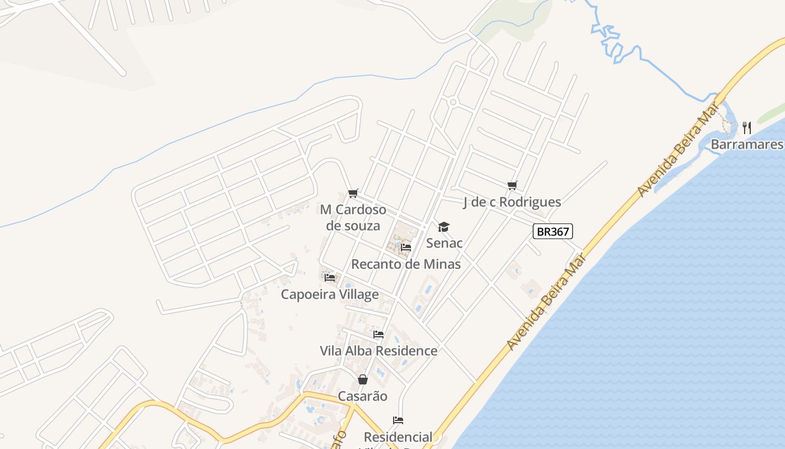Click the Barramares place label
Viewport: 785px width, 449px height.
pyautogui.click(x=746, y=145)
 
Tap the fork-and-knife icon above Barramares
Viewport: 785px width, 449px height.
pyautogui.click(x=747, y=128)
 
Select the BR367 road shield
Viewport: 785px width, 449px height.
pyautogui.click(x=553, y=231)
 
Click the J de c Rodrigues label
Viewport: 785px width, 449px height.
pyautogui.click(x=512, y=202)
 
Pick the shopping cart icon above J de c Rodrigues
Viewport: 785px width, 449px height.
pyautogui.click(x=512, y=185)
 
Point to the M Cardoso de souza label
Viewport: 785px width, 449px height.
pyautogui.click(x=353, y=218)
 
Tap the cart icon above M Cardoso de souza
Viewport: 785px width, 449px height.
pyautogui.click(x=353, y=194)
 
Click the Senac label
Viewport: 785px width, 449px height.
pyautogui.click(x=444, y=243)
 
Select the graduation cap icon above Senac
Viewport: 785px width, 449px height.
pyautogui.click(x=444, y=227)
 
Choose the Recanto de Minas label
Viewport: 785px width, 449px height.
pyautogui.click(x=406, y=264)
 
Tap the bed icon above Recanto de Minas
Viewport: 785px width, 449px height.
pyautogui.click(x=406, y=247)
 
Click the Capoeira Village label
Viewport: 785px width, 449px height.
pyautogui.click(x=330, y=294)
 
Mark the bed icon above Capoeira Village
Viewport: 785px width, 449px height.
pyautogui.click(x=330, y=277)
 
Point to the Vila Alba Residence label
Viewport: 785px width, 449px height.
pyautogui.click(x=378, y=351)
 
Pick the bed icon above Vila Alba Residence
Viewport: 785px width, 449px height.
pyautogui.click(x=378, y=335)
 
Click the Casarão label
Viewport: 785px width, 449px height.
pyautogui.click(x=362, y=396)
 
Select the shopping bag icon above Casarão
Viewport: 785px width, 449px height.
pyautogui.click(x=362, y=379)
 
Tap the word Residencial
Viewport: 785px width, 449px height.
pyautogui.click(x=398, y=437)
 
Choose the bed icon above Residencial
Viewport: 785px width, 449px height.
pyautogui.click(x=398, y=420)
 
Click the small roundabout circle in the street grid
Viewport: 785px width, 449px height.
pyautogui.click(x=453, y=102)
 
